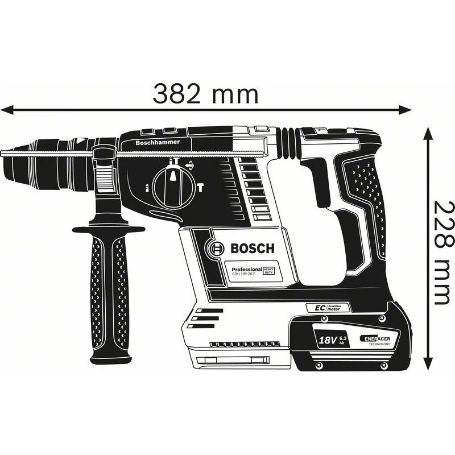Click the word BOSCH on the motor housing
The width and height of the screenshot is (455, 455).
tap(251, 249)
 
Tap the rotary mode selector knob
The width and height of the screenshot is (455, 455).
tap(173, 187)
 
